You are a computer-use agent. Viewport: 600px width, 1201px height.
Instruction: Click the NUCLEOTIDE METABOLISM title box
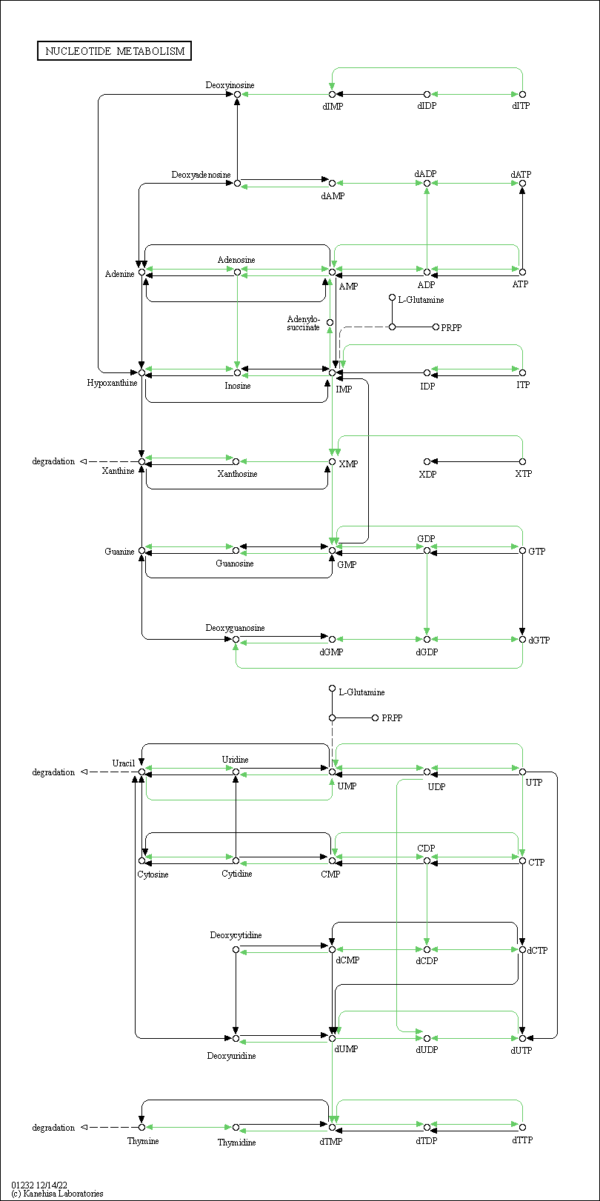[114, 51]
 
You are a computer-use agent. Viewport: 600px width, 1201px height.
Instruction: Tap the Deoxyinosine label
[230, 85]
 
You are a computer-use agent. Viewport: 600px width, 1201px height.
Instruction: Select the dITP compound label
[521, 106]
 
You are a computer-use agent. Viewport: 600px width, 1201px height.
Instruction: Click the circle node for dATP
[522, 184]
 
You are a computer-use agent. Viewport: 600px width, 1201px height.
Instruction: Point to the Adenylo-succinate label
[304, 324]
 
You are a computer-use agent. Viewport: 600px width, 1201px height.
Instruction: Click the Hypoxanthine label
[112, 383]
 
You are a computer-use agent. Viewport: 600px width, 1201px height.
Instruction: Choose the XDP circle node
[427, 461]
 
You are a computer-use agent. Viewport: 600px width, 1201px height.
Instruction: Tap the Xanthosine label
[237, 474]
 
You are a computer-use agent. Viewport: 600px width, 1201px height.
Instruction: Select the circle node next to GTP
[522, 551]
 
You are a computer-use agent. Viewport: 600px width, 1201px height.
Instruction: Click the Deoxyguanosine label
[235, 628]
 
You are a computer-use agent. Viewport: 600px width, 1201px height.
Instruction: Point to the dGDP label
[427, 652]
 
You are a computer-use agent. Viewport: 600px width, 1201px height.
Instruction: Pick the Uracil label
[123, 763]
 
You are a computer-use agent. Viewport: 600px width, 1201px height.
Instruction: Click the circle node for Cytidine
[236, 861]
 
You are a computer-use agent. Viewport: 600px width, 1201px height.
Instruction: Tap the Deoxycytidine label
[236, 935]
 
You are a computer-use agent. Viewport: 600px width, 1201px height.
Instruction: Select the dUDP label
[427, 1050]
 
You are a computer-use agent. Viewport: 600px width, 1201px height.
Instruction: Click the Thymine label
[143, 1141]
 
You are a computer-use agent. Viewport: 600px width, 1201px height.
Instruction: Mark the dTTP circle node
[522, 1128]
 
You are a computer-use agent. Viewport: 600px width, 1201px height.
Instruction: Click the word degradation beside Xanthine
[53, 461]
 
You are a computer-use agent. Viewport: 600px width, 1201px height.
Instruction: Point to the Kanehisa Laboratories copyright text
[57, 1194]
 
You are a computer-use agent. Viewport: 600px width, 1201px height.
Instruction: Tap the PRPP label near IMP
[451, 327]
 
